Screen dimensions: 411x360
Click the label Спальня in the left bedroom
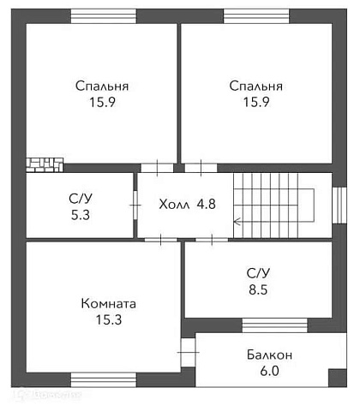point(102,86)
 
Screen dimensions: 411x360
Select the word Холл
point(174,205)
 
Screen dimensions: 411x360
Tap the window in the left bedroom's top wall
point(103,16)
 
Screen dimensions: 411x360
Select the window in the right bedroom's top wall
point(256,16)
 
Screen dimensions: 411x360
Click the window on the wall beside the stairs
point(339,205)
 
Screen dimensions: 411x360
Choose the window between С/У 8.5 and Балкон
point(274,325)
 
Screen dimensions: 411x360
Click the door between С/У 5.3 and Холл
point(135,205)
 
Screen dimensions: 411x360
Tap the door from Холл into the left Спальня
point(156,168)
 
